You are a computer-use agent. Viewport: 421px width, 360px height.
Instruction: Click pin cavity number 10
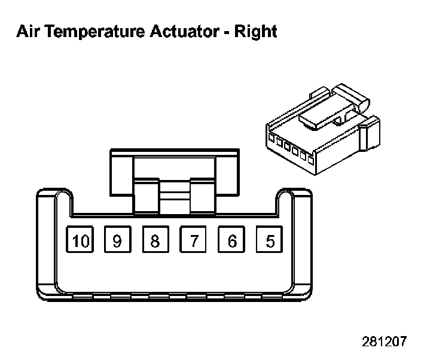coord(80,239)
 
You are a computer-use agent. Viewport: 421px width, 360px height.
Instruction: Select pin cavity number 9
coord(118,239)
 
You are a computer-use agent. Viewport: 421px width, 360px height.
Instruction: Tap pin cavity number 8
coord(155,239)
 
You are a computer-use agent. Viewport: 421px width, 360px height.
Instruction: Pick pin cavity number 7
coord(193,239)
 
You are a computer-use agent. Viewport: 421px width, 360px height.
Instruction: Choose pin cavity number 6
coord(231,239)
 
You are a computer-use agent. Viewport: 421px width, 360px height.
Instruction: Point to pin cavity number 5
coord(269,239)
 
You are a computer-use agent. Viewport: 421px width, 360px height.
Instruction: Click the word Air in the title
coord(28,32)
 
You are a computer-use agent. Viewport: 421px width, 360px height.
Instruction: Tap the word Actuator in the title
coord(184,32)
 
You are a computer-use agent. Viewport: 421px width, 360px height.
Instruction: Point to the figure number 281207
coord(384,341)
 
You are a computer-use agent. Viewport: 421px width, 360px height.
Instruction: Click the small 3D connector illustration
coord(323,129)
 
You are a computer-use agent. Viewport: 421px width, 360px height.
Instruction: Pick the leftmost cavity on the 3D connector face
coord(271,138)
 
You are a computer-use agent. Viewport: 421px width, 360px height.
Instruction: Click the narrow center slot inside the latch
coord(175,197)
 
